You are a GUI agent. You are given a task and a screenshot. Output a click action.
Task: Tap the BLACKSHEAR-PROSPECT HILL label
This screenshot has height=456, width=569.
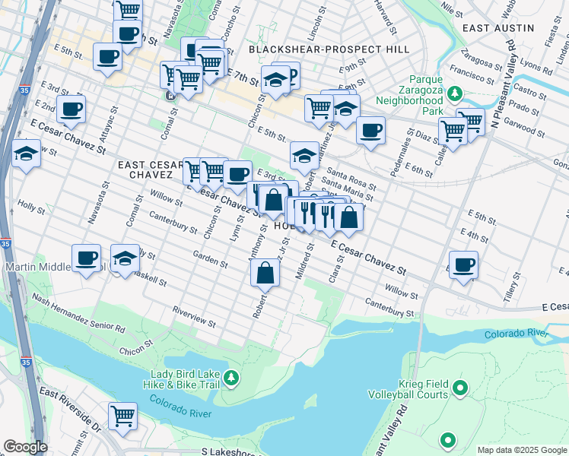(x=329, y=49)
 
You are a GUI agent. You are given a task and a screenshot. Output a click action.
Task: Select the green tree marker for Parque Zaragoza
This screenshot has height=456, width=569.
(x=455, y=93)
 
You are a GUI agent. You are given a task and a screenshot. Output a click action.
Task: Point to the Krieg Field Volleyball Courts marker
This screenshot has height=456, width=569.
(x=459, y=389)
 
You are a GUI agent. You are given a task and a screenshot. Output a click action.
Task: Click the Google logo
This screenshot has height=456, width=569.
(x=25, y=447)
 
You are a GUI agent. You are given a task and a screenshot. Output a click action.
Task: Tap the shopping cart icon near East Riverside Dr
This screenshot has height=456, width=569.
(x=122, y=416)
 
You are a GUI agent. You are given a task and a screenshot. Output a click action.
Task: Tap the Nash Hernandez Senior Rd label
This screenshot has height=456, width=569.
(x=78, y=315)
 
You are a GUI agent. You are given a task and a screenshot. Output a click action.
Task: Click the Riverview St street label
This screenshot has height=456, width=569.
(x=193, y=318)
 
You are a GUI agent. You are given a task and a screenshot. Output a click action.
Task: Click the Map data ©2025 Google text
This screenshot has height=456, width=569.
(x=522, y=450)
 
